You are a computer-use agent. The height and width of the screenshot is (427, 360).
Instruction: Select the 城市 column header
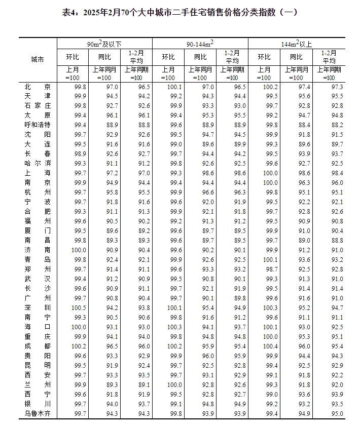click(38, 59)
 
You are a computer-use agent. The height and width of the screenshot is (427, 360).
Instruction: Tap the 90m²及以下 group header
click(104, 44)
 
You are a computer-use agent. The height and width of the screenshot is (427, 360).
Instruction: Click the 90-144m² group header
click(200, 44)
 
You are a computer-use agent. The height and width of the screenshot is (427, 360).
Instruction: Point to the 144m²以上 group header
click(296, 44)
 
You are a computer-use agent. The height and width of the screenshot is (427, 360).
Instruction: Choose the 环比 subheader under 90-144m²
click(168, 57)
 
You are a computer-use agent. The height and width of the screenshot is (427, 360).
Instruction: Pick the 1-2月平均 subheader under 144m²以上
click(329, 57)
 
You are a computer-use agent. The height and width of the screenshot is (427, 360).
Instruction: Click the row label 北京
click(38, 87)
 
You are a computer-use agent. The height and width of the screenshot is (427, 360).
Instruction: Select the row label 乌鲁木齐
click(38, 414)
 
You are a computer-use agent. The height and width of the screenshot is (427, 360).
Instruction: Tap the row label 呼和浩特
click(38, 125)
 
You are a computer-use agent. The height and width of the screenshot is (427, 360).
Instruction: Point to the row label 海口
click(38, 327)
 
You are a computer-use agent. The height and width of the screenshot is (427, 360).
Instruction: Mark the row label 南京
click(38, 182)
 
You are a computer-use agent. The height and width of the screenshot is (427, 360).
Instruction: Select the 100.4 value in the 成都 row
click(264, 346)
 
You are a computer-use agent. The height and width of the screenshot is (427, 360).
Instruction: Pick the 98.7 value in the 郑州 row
click(264, 269)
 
